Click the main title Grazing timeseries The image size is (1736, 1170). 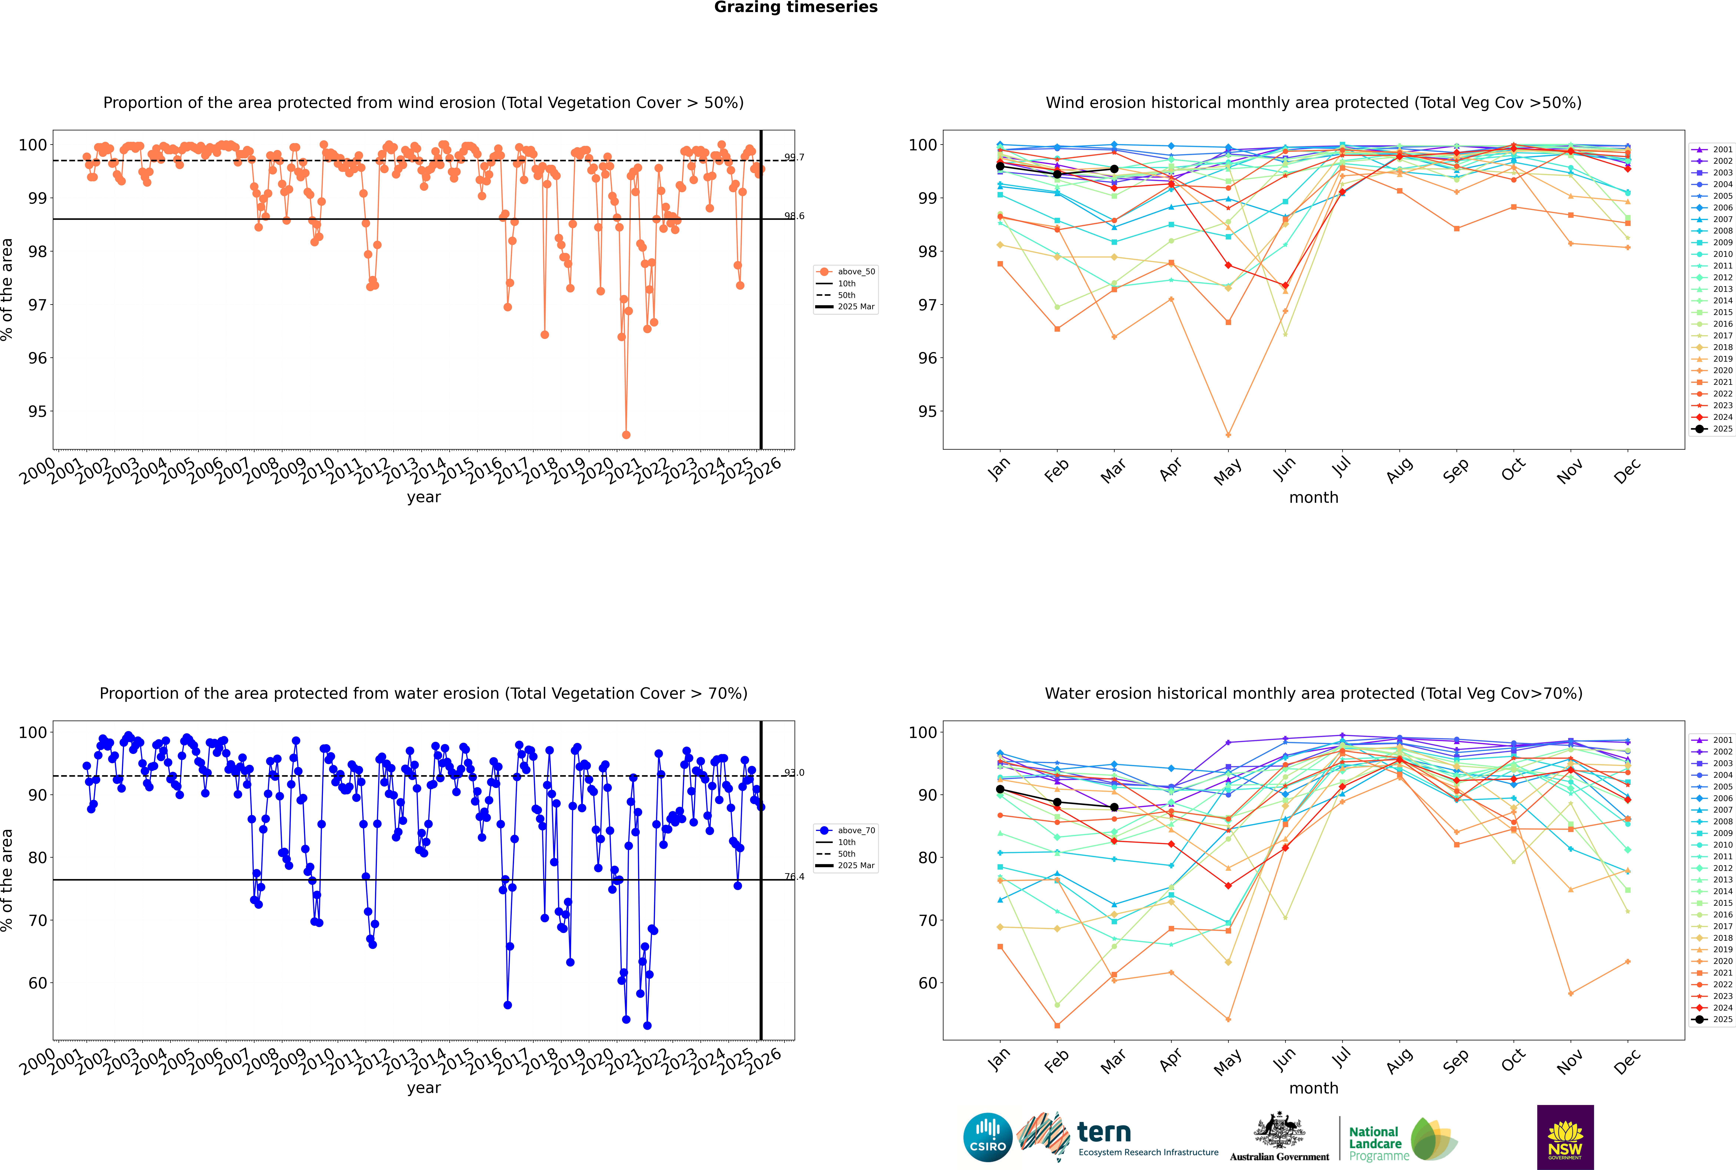[x=796, y=7]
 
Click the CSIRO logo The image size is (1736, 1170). [x=987, y=1137]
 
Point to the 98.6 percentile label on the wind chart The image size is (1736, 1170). [x=794, y=216]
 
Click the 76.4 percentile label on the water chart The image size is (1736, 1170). [x=794, y=877]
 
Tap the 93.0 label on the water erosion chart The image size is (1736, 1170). [x=794, y=773]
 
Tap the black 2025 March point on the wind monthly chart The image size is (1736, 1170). [x=1114, y=169]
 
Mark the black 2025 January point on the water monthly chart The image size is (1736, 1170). [x=1000, y=789]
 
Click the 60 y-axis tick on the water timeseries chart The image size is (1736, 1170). [x=37, y=984]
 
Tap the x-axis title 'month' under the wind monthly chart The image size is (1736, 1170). [x=1314, y=498]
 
